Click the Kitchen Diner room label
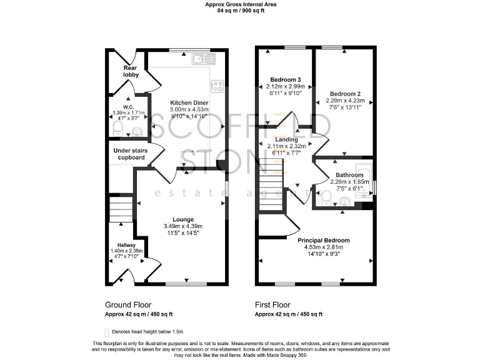pyautogui.click(x=190, y=102)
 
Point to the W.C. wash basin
pyautogui.click(x=137, y=131)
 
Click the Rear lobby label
pyautogui.click(x=130, y=71)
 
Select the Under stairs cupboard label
pyautogui.click(x=129, y=154)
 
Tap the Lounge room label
pyautogui.click(x=183, y=219)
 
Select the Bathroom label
pyautogui.click(x=348, y=175)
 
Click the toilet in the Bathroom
pyautogui.click(x=327, y=198)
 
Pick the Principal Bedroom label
pyautogui.click(x=323, y=240)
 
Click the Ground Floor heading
pyautogui.click(x=129, y=305)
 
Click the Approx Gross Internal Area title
pyautogui.click(x=241, y=4)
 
